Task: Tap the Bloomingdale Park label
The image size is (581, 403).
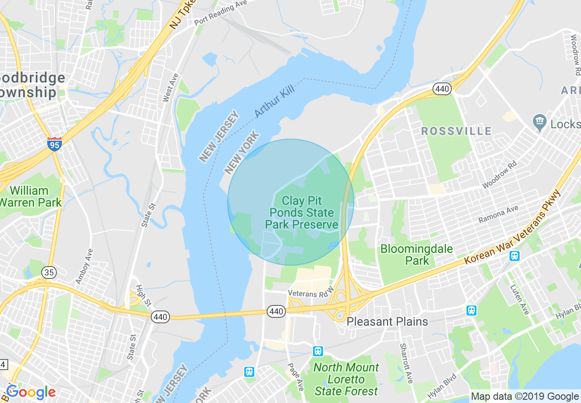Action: (417, 255)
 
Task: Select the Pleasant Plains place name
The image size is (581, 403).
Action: (387, 321)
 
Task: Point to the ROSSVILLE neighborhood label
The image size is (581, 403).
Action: (456, 131)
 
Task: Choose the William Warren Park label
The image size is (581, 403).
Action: (30, 196)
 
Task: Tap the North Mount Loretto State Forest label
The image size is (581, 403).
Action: (346, 379)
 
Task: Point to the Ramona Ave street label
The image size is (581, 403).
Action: (499, 214)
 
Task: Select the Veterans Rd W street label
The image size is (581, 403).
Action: (308, 293)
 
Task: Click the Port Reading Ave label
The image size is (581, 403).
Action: (220, 13)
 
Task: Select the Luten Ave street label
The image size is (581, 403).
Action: (519, 300)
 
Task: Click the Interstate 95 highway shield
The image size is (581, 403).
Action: (55, 144)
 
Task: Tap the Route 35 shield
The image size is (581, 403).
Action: (49, 272)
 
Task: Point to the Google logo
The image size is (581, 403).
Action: (31, 392)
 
